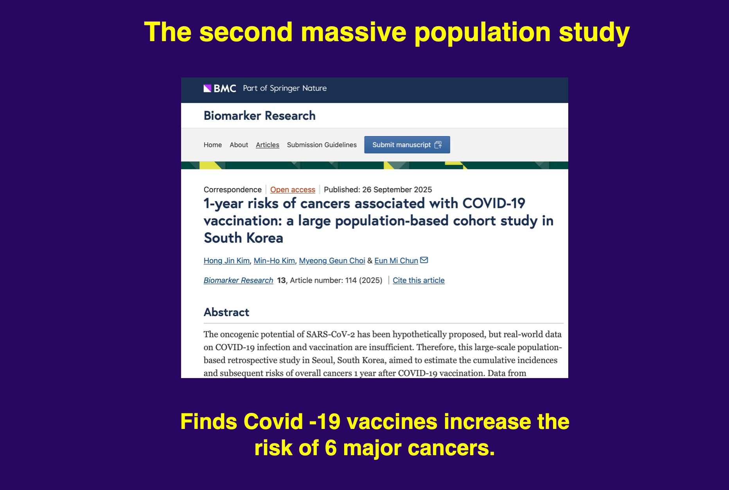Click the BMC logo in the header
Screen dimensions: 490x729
(220, 88)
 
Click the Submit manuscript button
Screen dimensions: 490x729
(407, 145)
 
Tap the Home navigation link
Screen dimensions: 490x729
(212, 145)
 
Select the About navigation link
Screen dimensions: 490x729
(239, 145)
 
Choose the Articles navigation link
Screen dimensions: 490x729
(268, 145)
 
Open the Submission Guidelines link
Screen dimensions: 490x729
(321, 145)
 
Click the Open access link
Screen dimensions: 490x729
(293, 190)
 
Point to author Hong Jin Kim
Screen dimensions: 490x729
(226, 261)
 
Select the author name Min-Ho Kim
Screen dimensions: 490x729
(274, 261)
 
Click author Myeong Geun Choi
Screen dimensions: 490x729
(332, 261)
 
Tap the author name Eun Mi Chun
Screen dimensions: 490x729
(396, 261)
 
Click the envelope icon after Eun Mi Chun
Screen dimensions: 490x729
(424, 260)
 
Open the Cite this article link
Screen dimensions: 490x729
(418, 280)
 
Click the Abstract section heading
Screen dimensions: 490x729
(226, 312)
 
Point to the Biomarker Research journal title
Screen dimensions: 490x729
(259, 116)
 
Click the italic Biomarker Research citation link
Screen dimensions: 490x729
(238, 280)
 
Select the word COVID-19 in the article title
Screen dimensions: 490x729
(494, 204)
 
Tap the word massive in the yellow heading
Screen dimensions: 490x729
(354, 32)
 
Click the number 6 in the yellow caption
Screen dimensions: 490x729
(330, 448)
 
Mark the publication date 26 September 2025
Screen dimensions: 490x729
(397, 190)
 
